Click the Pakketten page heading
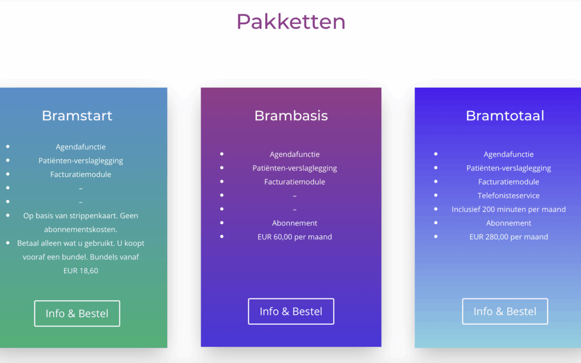coord(291,22)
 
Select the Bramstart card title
coord(77,116)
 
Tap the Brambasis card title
coord(291,116)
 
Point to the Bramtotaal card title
coord(505,116)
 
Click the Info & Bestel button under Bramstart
coord(77,314)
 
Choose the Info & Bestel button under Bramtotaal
coord(505,311)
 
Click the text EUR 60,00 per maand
coord(295,237)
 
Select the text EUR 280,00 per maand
coord(508,237)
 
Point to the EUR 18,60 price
coord(81,271)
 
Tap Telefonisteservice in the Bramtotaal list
coord(508,196)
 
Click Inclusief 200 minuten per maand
coord(508,209)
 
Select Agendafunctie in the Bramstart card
coord(81,147)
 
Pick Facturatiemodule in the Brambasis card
coord(295,182)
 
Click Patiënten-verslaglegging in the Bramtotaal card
coord(508,168)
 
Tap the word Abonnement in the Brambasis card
coord(295,223)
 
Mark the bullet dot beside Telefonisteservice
coord(436,195)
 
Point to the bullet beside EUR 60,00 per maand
coord(222,236)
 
